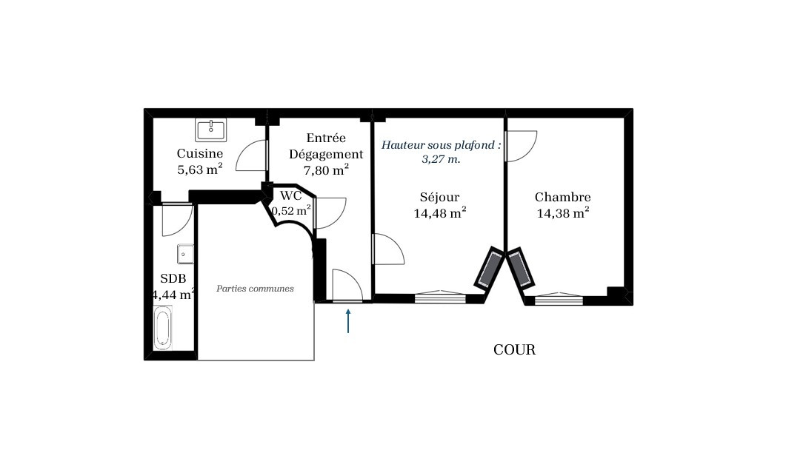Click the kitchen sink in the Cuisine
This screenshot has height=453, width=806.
210,130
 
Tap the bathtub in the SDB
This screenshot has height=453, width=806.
162,328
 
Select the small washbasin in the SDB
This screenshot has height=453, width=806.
185,254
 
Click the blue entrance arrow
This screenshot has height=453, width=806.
348,321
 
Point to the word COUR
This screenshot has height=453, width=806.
515,350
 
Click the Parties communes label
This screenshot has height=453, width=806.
255,289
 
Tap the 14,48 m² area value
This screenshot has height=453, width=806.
440,212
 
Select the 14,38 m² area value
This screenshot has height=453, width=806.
563,212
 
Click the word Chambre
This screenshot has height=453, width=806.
563,197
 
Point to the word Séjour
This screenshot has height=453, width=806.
439,197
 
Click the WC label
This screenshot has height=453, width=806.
291,195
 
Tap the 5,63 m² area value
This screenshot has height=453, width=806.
200,169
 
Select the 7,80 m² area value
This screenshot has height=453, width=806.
326,170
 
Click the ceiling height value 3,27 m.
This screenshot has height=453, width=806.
441,159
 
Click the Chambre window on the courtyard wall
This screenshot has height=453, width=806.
559,298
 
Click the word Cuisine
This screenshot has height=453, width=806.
200,153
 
